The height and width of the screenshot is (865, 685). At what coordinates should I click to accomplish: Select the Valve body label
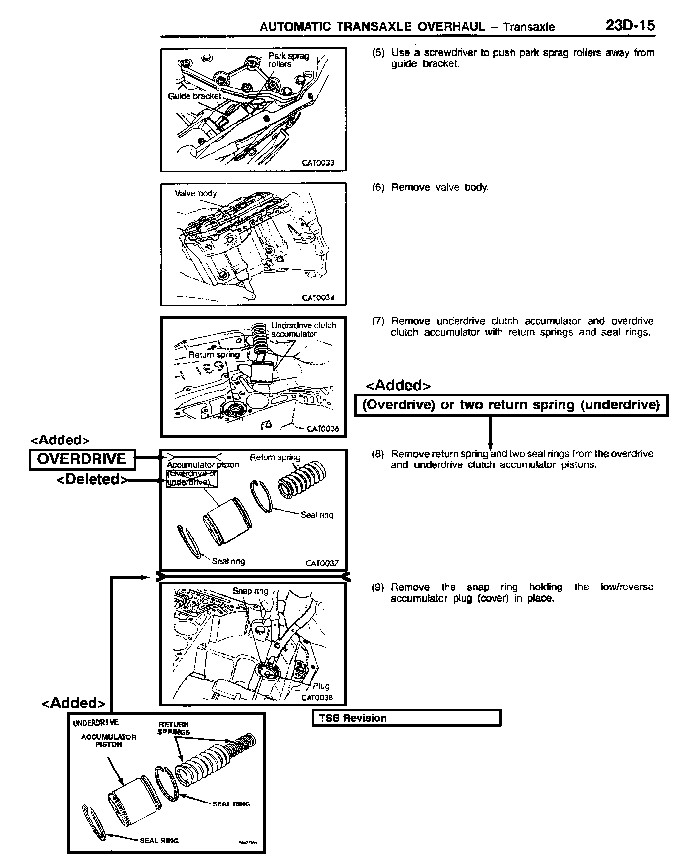point(195,193)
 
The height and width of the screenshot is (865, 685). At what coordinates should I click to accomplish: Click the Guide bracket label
point(194,96)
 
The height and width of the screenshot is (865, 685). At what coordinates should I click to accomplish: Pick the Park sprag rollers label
point(288,60)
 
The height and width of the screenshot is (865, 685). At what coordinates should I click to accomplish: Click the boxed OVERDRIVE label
point(82,459)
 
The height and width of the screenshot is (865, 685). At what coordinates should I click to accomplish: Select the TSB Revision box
point(406,718)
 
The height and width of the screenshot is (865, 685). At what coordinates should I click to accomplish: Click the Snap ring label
point(250,591)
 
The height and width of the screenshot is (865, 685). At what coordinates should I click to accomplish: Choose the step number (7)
point(378,321)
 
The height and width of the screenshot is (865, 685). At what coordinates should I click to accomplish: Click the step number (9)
point(378,587)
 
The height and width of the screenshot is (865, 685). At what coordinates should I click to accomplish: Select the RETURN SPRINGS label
point(173,728)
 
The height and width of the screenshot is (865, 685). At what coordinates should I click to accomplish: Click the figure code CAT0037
point(321,563)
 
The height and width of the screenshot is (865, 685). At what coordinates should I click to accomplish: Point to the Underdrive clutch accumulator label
point(303,329)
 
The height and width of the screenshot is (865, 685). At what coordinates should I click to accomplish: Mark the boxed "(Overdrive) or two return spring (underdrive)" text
point(511,405)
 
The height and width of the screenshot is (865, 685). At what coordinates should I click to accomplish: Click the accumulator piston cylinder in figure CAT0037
point(221,521)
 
